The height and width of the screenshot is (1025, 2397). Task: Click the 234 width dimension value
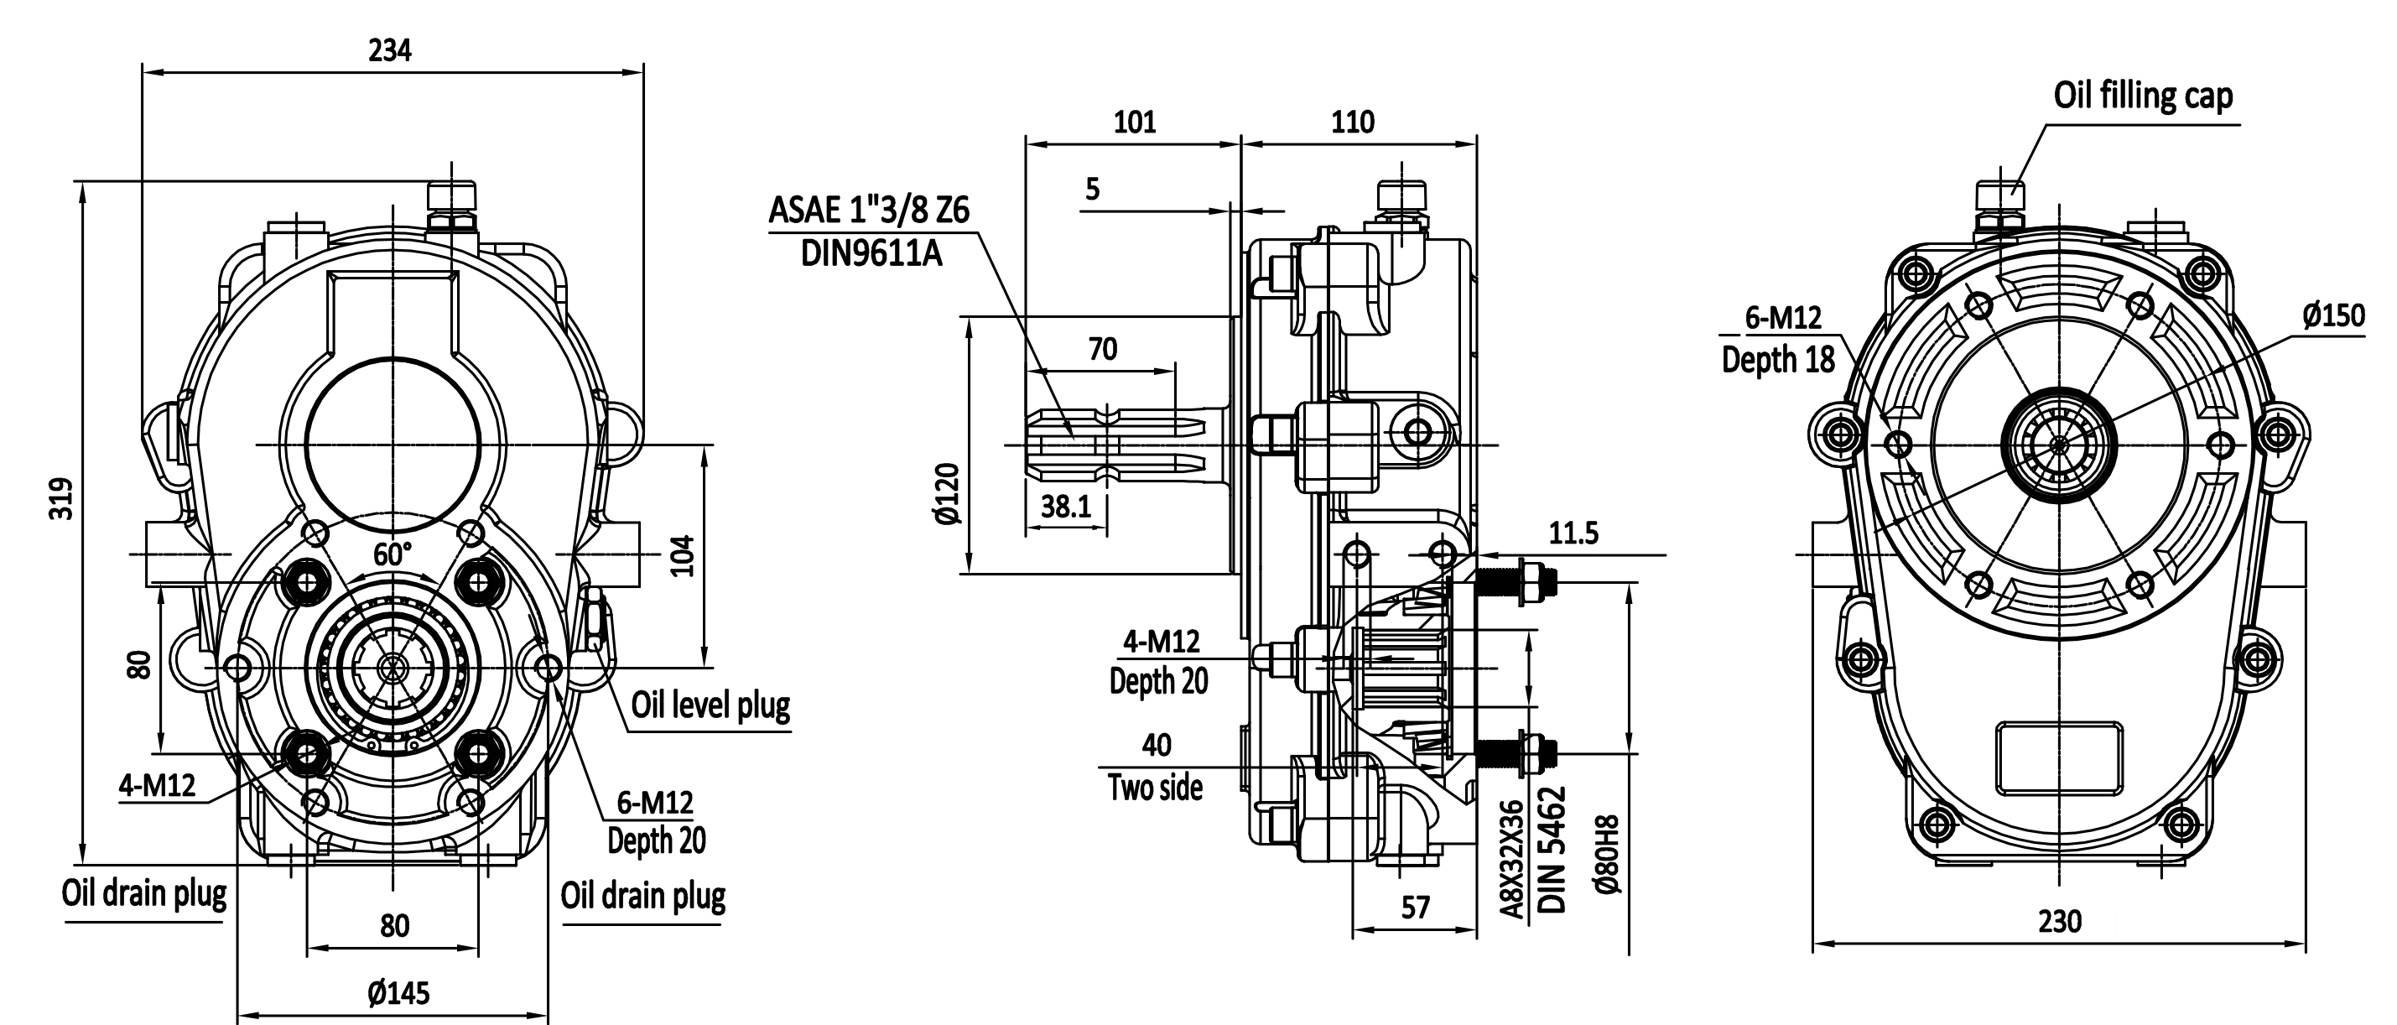pyautogui.click(x=389, y=50)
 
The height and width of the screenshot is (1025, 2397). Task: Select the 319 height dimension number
pyautogui.click(x=62, y=499)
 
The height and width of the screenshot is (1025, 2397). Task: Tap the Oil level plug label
pyautogui.click(x=710, y=705)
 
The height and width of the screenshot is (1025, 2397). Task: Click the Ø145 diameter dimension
pyautogui.click(x=398, y=993)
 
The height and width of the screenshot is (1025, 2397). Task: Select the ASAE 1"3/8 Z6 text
pyautogui.click(x=868, y=211)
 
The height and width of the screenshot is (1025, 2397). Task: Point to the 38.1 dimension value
pyautogui.click(x=1065, y=507)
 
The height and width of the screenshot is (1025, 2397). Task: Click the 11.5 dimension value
pyautogui.click(x=1573, y=533)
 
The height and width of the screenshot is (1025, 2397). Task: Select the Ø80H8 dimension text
pyautogui.click(x=1607, y=856)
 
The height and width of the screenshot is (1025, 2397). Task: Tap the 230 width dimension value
pyautogui.click(x=2059, y=922)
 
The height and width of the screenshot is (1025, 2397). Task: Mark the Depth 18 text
pyautogui.click(x=1777, y=359)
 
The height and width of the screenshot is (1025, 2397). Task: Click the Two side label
pyautogui.click(x=1155, y=788)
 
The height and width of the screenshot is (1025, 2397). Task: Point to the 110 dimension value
pyautogui.click(x=1352, y=122)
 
